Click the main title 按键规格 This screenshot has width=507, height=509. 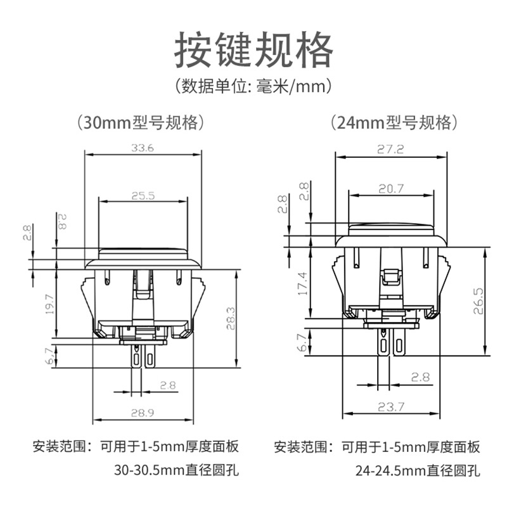[253, 49]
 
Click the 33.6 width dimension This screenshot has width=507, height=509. [143, 148]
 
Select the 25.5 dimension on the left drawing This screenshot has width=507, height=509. [143, 196]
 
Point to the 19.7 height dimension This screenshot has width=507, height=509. [49, 304]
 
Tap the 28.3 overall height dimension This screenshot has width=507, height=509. [231, 318]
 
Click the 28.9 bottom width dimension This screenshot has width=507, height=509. [143, 413]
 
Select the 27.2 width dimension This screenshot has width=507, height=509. [390, 150]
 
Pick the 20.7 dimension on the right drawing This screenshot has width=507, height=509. [391, 189]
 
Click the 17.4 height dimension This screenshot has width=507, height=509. [302, 283]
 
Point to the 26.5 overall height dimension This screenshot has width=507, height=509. [478, 301]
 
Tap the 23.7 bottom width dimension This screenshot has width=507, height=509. [391, 407]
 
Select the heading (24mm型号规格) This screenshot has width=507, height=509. [394, 123]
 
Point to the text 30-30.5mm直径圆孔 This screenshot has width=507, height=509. [176, 470]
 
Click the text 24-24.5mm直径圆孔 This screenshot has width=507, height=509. [418, 470]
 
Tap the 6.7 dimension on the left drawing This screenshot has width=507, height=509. [49, 356]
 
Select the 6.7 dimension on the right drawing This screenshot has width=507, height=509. [302, 343]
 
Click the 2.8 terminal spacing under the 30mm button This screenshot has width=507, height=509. [168, 385]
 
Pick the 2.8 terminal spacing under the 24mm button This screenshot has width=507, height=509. [420, 377]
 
